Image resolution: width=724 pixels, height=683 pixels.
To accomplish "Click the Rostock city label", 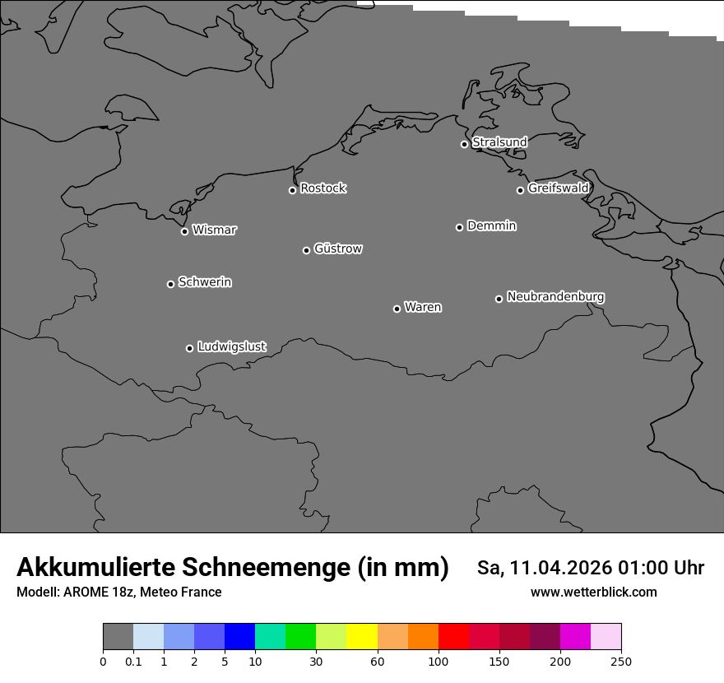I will [323, 188].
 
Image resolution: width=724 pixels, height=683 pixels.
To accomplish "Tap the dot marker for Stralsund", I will [464, 144].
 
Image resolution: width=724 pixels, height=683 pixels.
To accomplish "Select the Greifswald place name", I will [558, 188].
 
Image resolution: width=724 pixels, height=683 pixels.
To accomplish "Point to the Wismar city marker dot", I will [184, 231].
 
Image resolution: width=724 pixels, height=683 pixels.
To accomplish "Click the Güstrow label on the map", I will [337, 249].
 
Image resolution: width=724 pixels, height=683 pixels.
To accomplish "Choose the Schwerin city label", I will [205, 282].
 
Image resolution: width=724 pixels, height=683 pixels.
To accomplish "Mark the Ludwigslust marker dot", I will [189, 348].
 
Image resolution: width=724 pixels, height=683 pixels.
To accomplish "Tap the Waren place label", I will [423, 308].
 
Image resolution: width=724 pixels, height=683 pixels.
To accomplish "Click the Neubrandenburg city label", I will [555, 297].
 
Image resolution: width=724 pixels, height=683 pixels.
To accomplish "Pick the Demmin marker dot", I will [459, 227].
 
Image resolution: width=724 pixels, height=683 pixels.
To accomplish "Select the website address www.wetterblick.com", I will [593, 592].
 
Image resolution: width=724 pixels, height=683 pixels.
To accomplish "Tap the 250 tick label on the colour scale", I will [621, 662].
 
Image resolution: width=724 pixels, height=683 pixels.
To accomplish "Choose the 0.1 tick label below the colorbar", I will [133, 662].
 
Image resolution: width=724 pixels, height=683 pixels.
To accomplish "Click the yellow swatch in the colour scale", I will [362, 637].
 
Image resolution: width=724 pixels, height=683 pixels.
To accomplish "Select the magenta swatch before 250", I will [575, 637].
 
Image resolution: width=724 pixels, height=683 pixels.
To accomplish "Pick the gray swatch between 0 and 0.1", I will [118, 637].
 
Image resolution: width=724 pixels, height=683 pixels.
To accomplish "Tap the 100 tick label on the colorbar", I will [439, 662].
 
